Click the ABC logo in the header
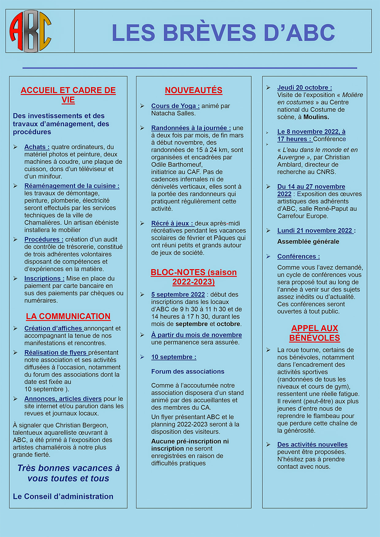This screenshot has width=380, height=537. pyautogui.click(x=30, y=31)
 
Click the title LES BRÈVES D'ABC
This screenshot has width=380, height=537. pyautogui.click(x=223, y=32)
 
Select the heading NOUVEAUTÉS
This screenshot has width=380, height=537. pyautogui.click(x=194, y=90)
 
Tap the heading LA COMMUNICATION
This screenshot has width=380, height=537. pyautogui.click(x=68, y=316)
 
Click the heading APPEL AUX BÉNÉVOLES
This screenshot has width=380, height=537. pyautogui.click(x=314, y=333)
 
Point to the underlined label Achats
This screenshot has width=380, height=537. pyautogui.click(x=37, y=147)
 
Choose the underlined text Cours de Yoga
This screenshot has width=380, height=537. pyautogui.click(x=175, y=106)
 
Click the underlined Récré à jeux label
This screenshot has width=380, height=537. pyautogui.click(x=172, y=223)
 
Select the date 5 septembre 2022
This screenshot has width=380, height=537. pyautogui.click(x=178, y=295)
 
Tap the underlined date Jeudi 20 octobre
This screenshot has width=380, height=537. pyautogui.click(x=304, y=88)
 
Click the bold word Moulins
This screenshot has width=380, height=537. pyautogui.click(x=316, y=117)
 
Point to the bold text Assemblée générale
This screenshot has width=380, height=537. pyautogui.click(x=308, y=242)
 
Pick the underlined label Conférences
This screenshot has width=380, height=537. pyautogui.click(x=298, y=257)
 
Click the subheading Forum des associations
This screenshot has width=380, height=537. pyautogui.click(x=188, y=371)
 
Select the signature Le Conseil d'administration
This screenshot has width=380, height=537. pyautogui.click(x=63, y=496)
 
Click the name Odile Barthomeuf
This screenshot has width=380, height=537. pyautogui.click(x=177, y=165)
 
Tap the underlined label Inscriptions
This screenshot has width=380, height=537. pyautogui.click(x=44, y=279)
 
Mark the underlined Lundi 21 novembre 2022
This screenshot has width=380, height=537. pyautogui.click(x=315, y=231)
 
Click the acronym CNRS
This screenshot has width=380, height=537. pyautogui.click(x=326, y=172)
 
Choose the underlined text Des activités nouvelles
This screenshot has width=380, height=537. pyautogui.click(x=312, y=445)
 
